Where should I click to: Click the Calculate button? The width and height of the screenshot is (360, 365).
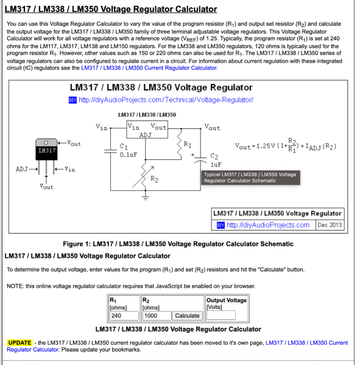pyautogui.click(x=187, y=315)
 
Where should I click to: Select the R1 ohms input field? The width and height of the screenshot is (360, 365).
pyautogui.click(x=124, y=315)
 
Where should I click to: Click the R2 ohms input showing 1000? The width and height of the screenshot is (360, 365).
pyautogui.click(x=157, y=315)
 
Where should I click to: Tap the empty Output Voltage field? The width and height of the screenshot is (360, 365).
pyautogui.click(x=221, y=315)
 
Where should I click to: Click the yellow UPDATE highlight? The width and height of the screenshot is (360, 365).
pyautogui.click(x=19, y=342)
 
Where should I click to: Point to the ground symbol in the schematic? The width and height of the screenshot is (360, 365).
pyautogui.click(x=145, y=198)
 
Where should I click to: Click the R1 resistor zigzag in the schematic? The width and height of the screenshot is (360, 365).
pyautogui.click(x=179, y=145)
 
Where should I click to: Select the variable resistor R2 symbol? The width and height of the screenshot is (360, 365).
pyautogui.click(x=144, y=176)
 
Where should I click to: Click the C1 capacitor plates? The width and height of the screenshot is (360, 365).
pyautogui.click(x=110, y=151)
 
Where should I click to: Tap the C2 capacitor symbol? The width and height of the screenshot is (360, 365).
pyautogui.click(x=200, y=159)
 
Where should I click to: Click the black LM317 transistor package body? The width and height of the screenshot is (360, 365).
pyautogui.click(x=46, y=153)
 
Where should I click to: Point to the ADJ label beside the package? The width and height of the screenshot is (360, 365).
pyautogui.click(x=22, y=169)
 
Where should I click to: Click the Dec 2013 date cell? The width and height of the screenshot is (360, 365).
pyautogui.click(x=330, y=225)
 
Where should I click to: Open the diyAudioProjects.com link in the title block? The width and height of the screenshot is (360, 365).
pyautogui.click(x=268, y=225)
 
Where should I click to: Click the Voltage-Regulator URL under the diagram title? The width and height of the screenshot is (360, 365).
pyautogui.click(x=166, y=100)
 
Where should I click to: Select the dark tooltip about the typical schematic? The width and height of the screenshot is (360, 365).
pyautogui.click(x=250, y=178)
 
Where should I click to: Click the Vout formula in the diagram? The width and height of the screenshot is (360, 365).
pyautogui.click(x=286, y=146)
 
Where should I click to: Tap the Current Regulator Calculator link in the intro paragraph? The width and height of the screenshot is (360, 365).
pyautogui.click(x=149, y=68)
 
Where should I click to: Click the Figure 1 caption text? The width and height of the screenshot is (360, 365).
pyautogui.click(x=178, y=244)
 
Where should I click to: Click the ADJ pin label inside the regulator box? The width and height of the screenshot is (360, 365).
pyautogui.click(x=146, y=135)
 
